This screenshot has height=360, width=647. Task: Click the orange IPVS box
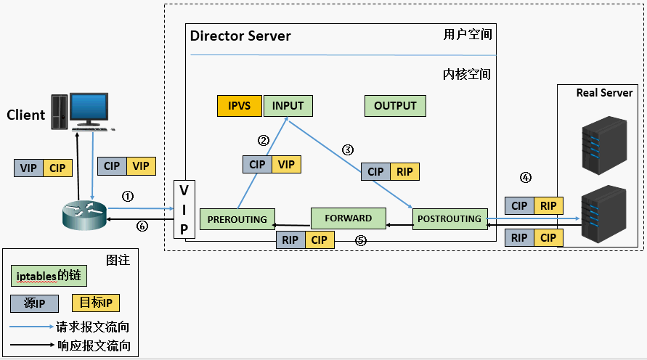(x=240, y=106)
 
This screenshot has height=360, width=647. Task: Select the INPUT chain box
(x=288, y=106)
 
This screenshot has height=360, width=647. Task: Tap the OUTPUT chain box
(x=395, y=106)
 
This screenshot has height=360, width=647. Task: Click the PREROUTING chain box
(x=237, y=219)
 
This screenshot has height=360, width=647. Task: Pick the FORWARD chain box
(x=348, y=218)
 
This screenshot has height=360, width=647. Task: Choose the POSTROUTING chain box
(x=449, y=218)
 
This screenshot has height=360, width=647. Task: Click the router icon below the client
(x=84, y=212)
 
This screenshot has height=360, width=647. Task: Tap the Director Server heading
(x=240, y=36)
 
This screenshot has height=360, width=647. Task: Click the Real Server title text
(x=604, y=93)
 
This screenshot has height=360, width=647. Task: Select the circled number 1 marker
(x=128, y=196)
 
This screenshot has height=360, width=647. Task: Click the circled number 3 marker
(x=348, y=150)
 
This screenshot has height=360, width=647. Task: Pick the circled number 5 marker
(x=360, y=240)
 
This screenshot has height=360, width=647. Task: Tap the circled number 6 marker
(x=142, y=226)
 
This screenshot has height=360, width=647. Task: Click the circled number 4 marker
(x=526, y=177)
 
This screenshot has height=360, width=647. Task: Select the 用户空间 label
(x=467, y=35)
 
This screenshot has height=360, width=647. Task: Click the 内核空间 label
(x=467, y=74)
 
